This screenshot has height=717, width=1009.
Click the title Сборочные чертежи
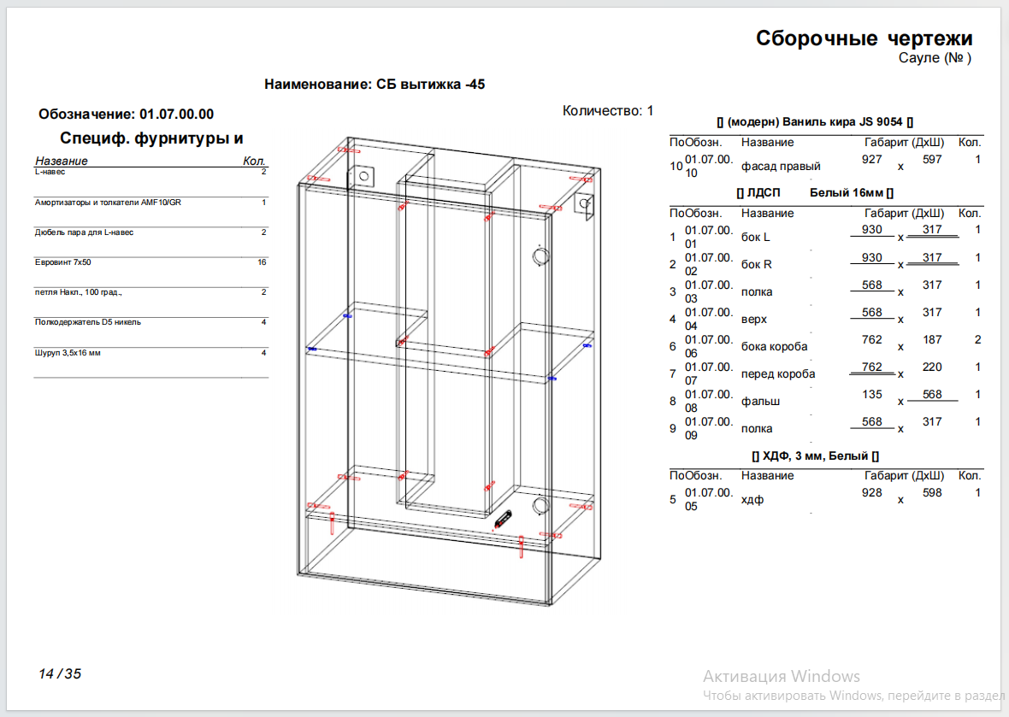(864, 38)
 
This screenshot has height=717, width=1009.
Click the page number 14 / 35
(60, 674)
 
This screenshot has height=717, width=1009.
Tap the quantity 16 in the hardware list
(262, 262)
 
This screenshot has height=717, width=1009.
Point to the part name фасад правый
(781, 167)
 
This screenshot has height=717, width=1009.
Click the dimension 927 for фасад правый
(872, 160)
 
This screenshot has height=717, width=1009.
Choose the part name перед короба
(778, 374)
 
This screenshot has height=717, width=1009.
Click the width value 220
(932, 367)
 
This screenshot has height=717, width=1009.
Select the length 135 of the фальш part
(872, 395)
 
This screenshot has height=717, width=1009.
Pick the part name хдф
(752, 500)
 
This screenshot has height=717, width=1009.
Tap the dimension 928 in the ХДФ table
(872, 492)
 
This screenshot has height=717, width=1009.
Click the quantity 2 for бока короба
(977, 339)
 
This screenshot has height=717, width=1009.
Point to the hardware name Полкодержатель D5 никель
(87, 322)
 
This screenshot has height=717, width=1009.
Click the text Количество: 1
(608, 110)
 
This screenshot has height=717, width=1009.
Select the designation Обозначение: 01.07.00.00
(127, 115)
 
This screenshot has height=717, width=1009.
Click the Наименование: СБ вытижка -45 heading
(375, 85)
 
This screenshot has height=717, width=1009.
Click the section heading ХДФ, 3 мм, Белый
(815, 455)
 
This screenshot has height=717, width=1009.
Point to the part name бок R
(756, 264)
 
